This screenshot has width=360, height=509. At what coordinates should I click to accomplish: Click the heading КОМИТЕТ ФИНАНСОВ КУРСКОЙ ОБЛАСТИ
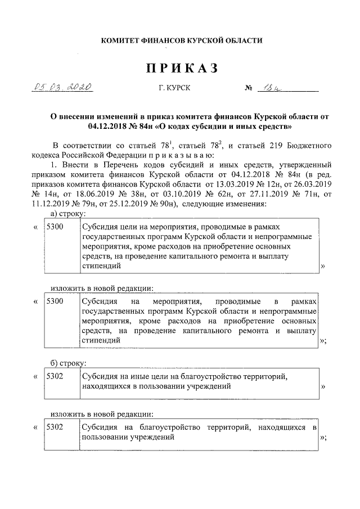(x=181, y=40)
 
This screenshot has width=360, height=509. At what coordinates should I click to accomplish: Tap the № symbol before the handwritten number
(x=248, y=89)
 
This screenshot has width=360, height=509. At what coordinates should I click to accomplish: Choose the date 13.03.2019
(x=224, y=184)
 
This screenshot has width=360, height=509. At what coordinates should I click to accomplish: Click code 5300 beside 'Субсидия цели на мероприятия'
(x=55, y=227)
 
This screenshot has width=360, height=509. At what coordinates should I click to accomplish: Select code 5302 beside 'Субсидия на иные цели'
(x=55, y=373)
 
